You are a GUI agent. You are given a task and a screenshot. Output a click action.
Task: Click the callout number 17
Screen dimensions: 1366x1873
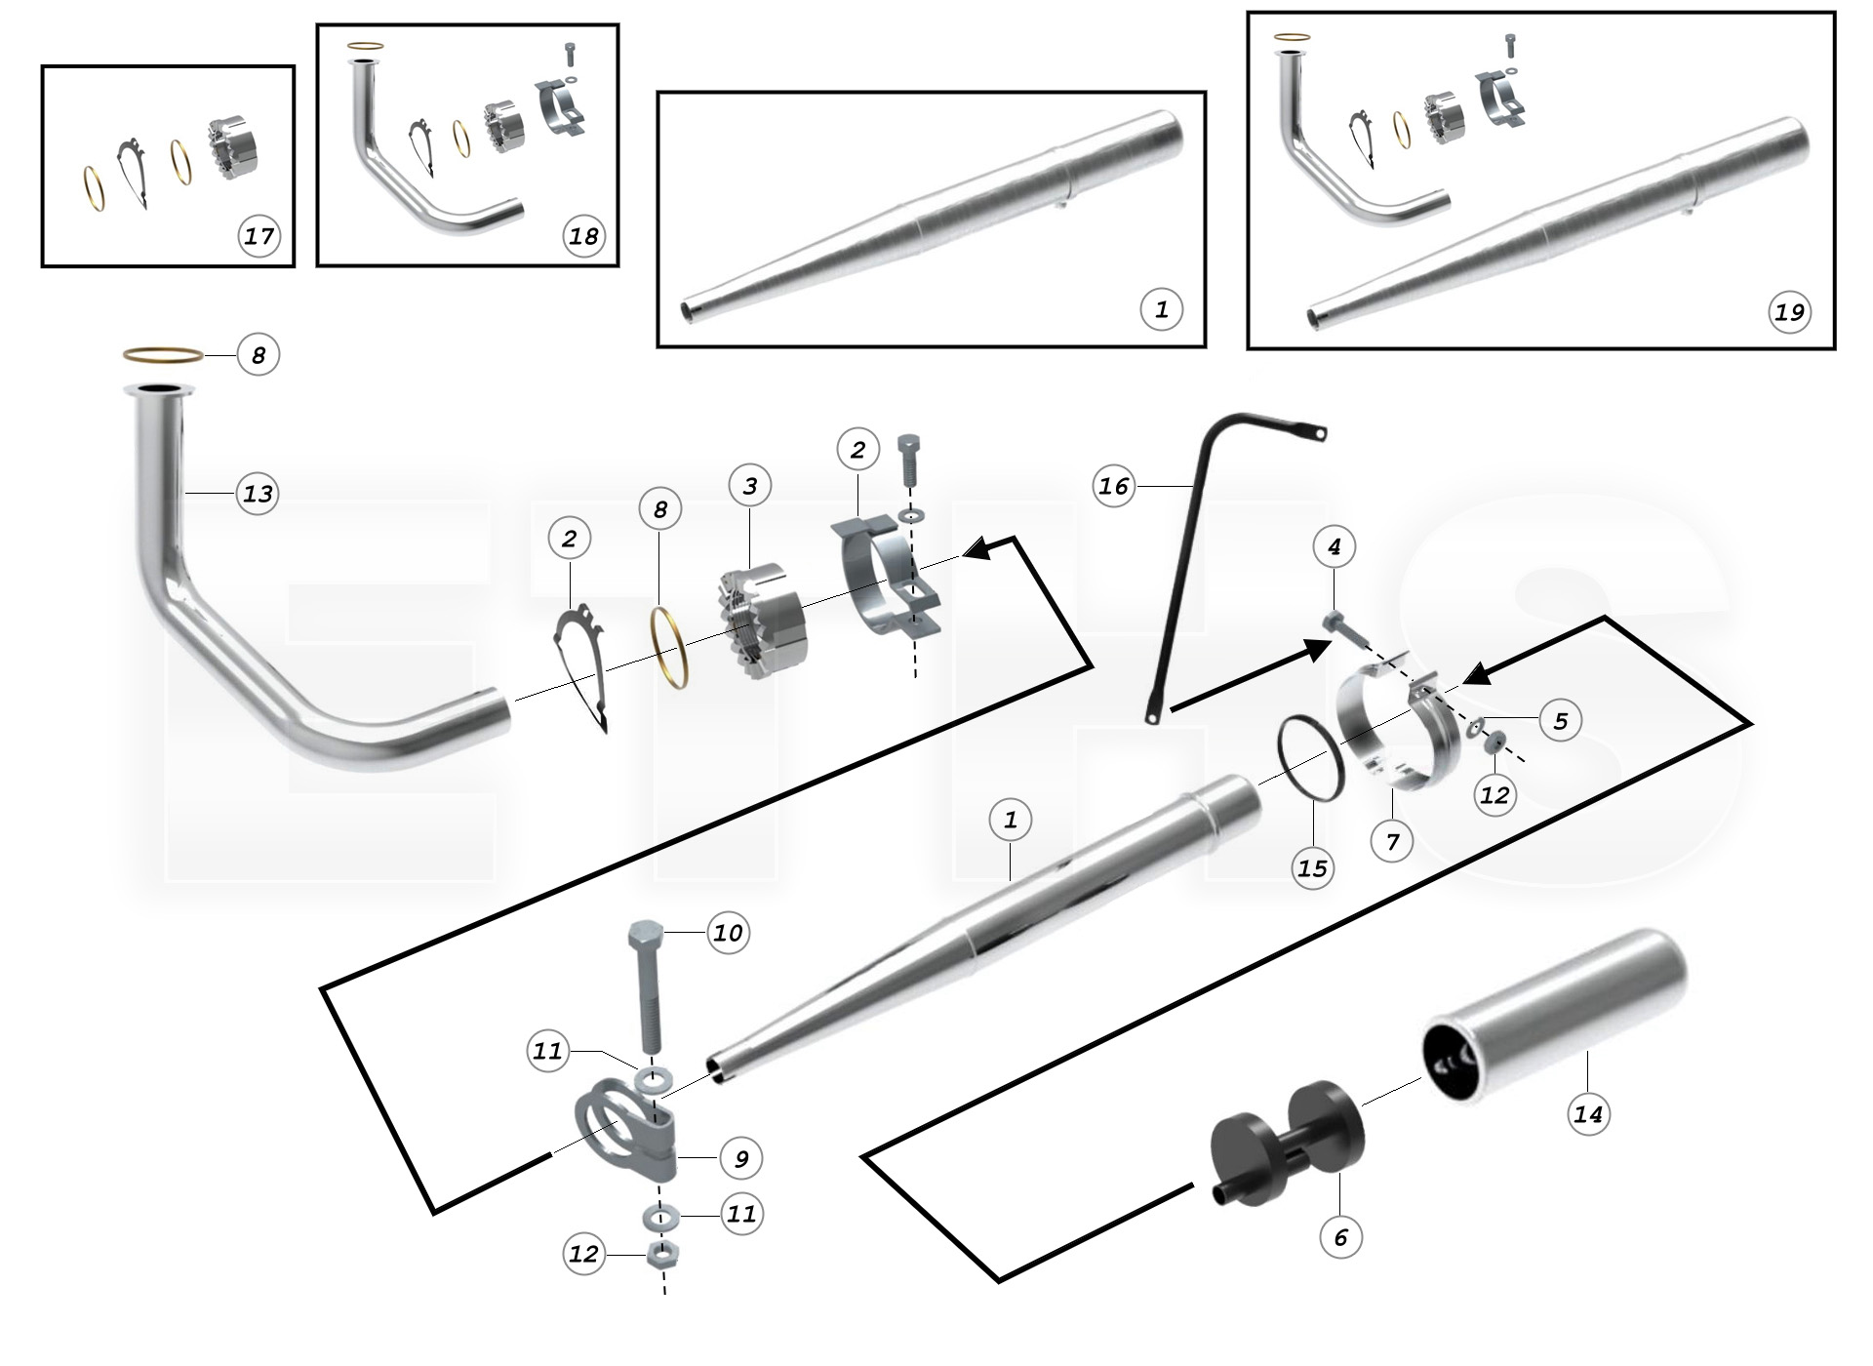pos(259,236)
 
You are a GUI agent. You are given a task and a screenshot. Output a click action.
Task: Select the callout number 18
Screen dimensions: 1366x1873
pos(583,236)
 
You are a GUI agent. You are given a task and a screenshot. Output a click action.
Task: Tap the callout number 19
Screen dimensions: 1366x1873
pos(1789,311)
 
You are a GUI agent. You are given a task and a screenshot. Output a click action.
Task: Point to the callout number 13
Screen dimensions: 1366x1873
pos(258,494)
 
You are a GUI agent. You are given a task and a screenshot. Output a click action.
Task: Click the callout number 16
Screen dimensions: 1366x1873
pos(1114,485)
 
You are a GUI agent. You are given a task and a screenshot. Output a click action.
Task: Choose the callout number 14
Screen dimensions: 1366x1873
pos(1587,1113)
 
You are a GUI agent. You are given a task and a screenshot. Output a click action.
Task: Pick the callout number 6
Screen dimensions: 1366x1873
pos(1340,1237)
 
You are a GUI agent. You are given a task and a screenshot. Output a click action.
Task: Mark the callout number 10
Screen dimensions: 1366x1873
pos(728,933)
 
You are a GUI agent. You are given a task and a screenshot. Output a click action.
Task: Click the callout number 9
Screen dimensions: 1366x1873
pos(741,1158)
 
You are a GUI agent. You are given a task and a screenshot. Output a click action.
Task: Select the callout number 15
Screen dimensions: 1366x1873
pos(1313,867)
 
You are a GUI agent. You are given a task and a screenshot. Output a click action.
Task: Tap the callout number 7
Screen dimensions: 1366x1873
pos(1392,841)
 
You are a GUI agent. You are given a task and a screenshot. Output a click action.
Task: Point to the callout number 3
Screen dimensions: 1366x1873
pos(749,485)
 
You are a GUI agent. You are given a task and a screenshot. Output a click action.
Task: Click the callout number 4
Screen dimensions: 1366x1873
pos(1334,546)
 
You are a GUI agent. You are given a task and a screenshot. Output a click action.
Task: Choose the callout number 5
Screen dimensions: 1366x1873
pos(1560,720)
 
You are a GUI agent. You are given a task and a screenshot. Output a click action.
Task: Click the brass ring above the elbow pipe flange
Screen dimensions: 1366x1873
pos(163,353)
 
